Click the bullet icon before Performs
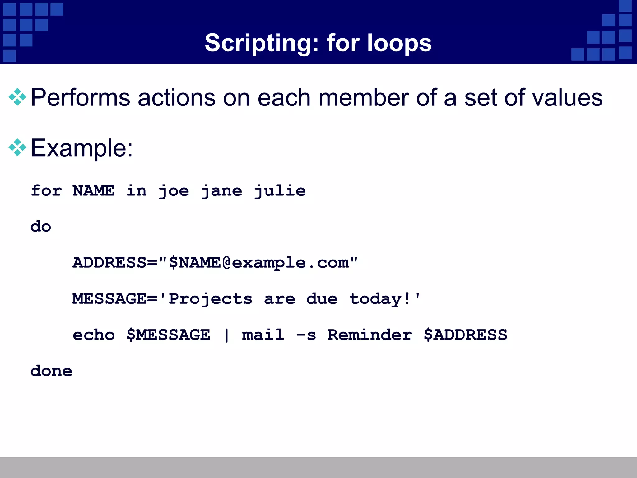tap(17, 97)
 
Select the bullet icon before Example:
tap(17, 148)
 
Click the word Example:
tap(82, 148)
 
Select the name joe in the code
tap(174, 191)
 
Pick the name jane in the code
tap(221, 191)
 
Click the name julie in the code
tap(280, 191)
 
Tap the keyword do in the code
tap(41, 227)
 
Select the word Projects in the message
tap(210, 299)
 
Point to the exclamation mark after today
tap(407, 299)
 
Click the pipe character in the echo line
tap(226, 335)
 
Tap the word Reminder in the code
tap(370, 335)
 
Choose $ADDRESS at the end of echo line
tap(465, 335)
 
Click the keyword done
tap(51, 371)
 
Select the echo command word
tap(94, 335)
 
